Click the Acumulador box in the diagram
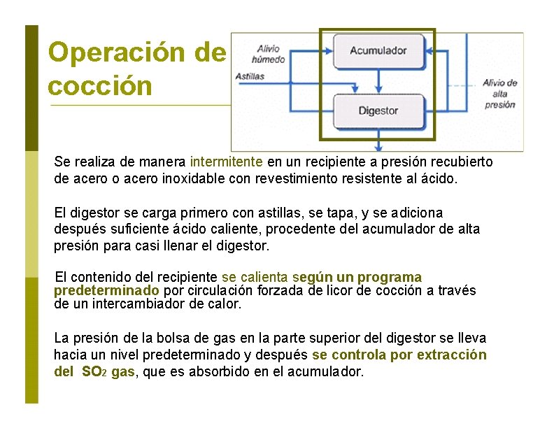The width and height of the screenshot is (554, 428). point(378,51)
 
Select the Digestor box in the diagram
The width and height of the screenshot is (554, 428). point(378,110)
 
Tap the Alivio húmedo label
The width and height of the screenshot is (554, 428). point(268,54)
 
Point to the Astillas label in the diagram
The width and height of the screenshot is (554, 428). point(250,76)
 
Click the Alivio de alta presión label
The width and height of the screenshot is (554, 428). point(499,94)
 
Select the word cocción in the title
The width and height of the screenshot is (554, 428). point(99,85)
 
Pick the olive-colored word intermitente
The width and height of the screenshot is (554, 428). point(226,162)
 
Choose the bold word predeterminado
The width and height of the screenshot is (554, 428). point(106,290)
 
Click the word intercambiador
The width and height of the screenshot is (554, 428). point(145,304)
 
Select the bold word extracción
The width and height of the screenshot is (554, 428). point(451,355)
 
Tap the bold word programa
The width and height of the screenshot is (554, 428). point(388,277)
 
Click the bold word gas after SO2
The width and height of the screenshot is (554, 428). point(123,372)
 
